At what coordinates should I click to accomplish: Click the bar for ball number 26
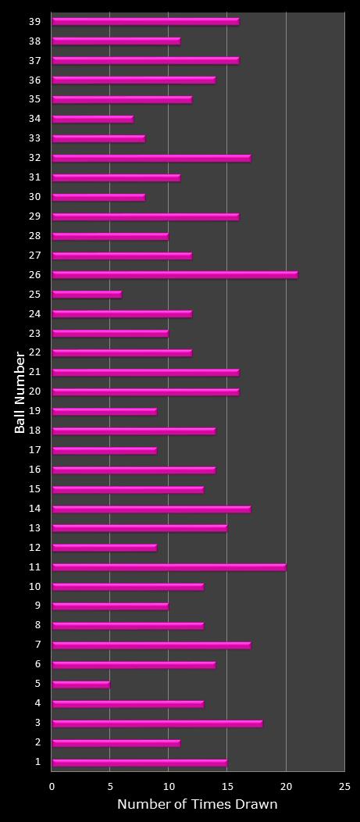coord(174,275)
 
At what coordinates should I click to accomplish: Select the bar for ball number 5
coord(80,684)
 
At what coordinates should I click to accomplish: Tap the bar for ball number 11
coord(169,567)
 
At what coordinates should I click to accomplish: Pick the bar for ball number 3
coord(157,724)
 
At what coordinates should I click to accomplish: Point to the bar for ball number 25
coord(87,295)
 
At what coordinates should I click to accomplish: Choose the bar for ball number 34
coord(92,119)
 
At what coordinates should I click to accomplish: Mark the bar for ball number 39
coord(145,22)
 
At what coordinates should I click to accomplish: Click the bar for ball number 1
coord(139,763)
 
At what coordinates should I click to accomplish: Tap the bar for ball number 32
coord(151,158)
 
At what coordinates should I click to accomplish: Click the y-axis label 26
coord(35,275)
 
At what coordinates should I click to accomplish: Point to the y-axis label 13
coord(35,528)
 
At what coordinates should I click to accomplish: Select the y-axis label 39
coord(35,22)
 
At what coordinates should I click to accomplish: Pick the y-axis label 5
coord(37,684)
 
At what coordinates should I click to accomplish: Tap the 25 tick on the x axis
coord(344,787)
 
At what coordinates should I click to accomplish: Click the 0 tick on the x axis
coord(52,787)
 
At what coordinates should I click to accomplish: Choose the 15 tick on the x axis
coord(227,787)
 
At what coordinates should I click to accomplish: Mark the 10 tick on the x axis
coord(169,787)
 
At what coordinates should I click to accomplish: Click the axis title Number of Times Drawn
coord(197,804)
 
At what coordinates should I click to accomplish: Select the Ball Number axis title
coord(20,392)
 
